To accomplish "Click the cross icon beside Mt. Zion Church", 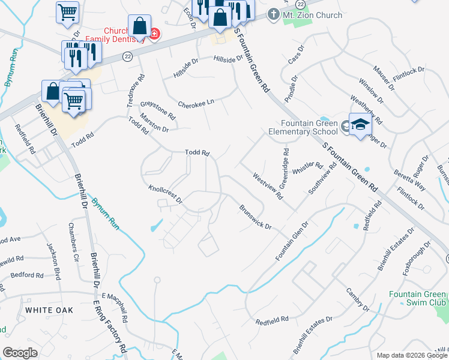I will point(274,13).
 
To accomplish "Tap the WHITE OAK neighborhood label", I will point(49,310).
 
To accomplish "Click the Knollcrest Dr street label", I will point(165,195).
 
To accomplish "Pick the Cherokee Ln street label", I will point(196,103).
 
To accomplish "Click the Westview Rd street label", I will point(268,186).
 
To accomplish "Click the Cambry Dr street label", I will point(357,300).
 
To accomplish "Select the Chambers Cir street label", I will point(73,251).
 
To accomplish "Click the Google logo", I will point(20,353).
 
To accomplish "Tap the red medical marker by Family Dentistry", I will point(154,34).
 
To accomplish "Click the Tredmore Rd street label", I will point(136,90).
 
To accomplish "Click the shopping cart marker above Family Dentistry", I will point(68,11).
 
